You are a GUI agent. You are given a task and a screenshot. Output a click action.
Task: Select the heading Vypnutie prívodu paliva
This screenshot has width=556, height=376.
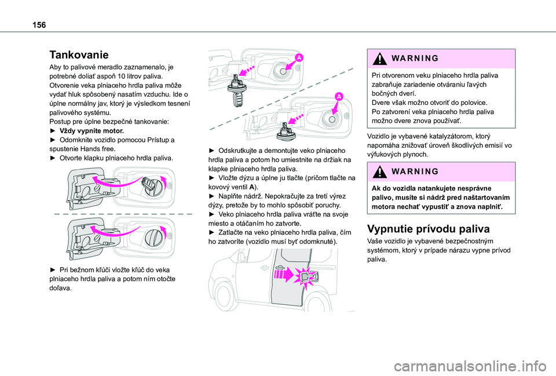pyautogui.click(x=428, y=228)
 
